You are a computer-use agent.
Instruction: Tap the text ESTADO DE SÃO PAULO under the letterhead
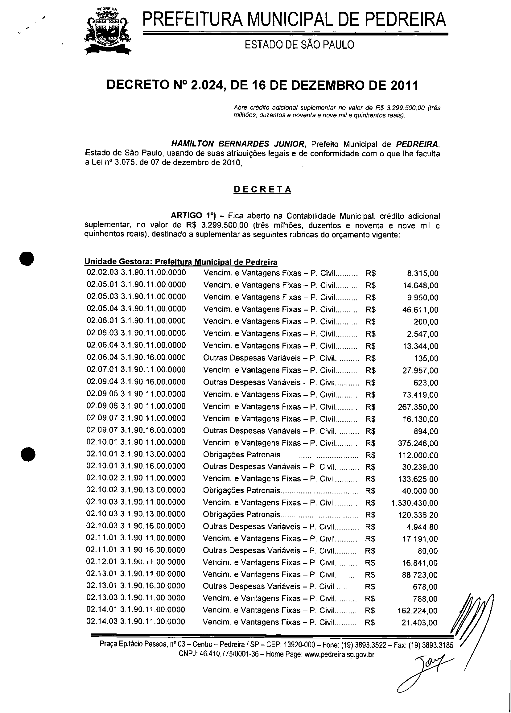coord(299,45)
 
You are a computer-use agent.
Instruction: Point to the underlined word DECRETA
coord(262,190)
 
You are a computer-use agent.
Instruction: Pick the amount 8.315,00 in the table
coord(422,274)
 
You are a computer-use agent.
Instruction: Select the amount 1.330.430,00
coord(414,503)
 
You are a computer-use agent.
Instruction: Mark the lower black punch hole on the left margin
coord(28,454)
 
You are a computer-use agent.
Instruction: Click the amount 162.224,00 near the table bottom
coord(418,611)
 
